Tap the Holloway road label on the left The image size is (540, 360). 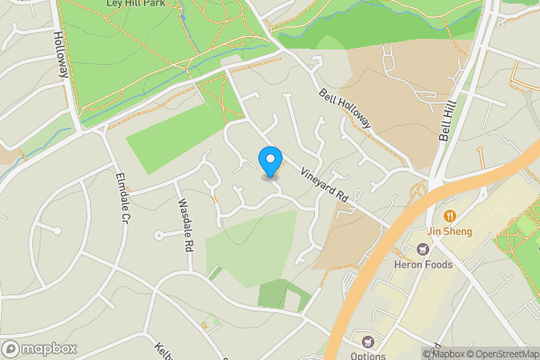pyautogui.click(x=60, y=57)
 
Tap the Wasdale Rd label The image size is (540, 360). pyautogui.click(x=185, y=225)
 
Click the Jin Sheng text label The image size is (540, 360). pyautogui.click(x=449, y=231)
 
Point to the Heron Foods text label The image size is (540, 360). pyautogui.click(x=421, y=264)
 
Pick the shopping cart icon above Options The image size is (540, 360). pyautogui.click(x=367, y=341)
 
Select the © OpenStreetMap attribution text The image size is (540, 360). pyautogui.click(x=503, y=354)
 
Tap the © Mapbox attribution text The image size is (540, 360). pyautogui.click(x=443, y=354)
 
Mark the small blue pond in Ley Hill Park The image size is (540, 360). pyautogui.click(x=183, y=17)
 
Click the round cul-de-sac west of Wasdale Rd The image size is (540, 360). pyautogui.click(x=158, y=235)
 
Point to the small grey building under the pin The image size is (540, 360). pyautogui.click(x=270, y=176)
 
